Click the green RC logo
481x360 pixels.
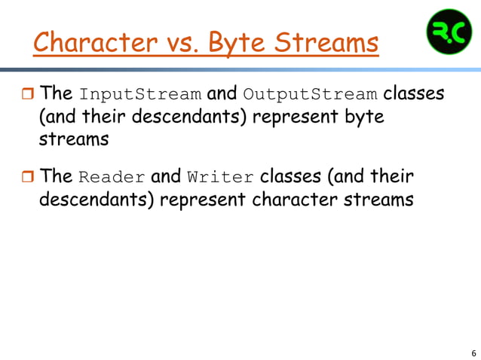tap(449, 32)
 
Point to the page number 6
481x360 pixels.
tap(473, 352)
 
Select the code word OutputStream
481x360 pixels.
tap(310, 95)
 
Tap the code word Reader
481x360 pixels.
tap(112, 178)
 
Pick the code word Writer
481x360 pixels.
tap(221, 178)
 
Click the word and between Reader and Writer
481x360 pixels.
tap(165, 177)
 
